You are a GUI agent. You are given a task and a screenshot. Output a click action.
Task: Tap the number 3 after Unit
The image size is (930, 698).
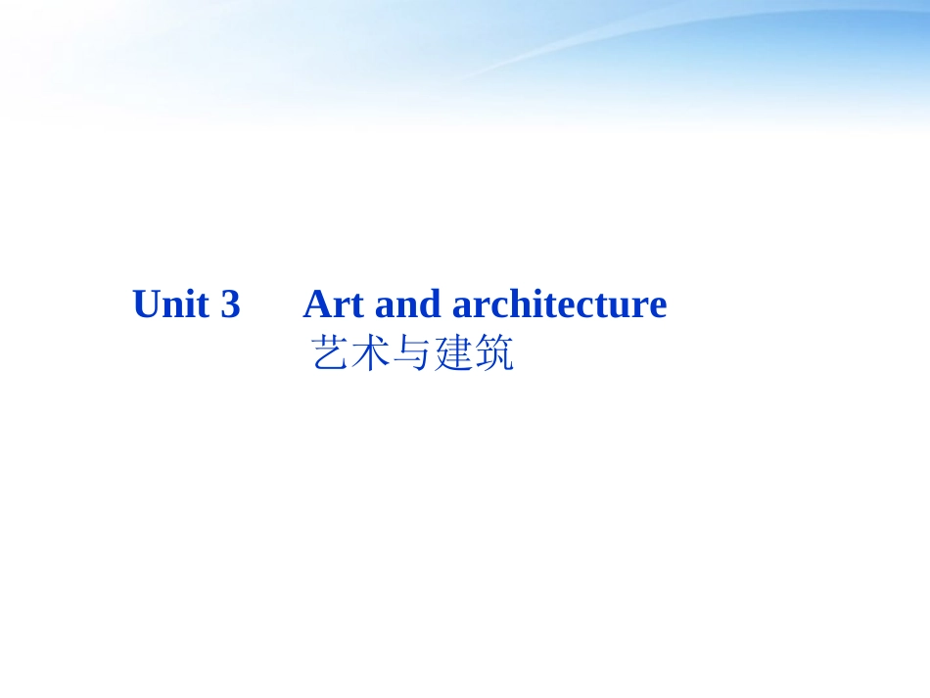pyautogui.click(x=230, y=304)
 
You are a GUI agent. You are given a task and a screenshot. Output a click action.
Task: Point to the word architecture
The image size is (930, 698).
pyautogui.click(x=559, y=304)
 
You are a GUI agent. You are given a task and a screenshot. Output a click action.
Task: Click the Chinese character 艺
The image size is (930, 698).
pyautogui.click(x=330, y=354)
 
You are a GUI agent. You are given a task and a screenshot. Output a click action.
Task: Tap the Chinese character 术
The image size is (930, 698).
pyautogui.click(x=371, y=354)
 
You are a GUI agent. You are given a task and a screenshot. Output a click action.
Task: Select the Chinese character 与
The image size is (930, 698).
pyautogui.click(x=412, y=354)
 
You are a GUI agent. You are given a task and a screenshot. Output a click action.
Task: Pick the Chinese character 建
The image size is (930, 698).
pyautogui.click(x=453, y=354)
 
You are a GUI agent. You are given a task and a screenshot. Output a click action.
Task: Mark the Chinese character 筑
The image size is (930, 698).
pyautogui.click(x=494, y=354)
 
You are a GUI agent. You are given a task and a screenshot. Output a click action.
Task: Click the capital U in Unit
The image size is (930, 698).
pyautogui.click(x=147, y=304)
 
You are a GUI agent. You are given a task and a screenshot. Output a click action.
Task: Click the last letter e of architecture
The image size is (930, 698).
pyautogui.click(x=657, y=306)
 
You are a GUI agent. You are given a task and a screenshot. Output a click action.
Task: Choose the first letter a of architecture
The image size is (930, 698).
pyautogui.click(x=462, y=306)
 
